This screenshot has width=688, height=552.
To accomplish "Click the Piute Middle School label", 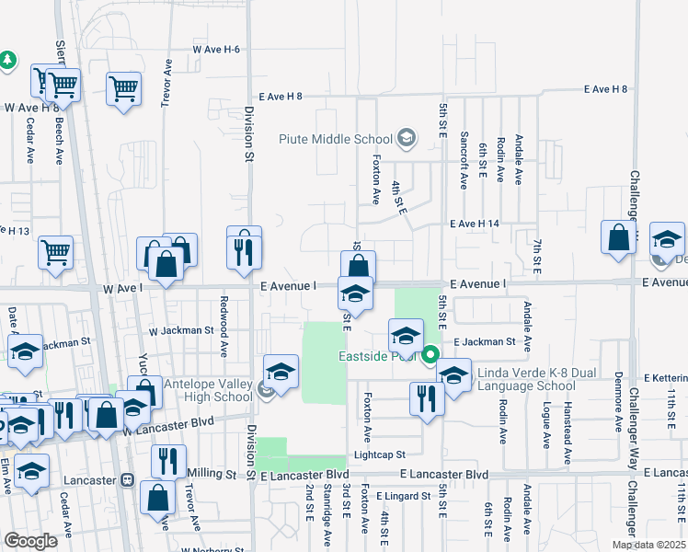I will pos(335,140).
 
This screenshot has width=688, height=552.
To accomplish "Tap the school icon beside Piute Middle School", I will pos(406,140).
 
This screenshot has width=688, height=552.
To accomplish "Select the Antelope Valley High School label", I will pos(207,390).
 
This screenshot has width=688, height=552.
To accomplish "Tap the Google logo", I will pos(30,540).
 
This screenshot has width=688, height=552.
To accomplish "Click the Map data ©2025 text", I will pos(649,545).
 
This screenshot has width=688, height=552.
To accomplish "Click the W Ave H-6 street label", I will pos(215,50).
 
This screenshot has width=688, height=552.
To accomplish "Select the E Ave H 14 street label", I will pos(474,224).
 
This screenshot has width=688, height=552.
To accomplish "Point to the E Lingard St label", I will pos(403,496).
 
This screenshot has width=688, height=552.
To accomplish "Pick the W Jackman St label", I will pos(181,329).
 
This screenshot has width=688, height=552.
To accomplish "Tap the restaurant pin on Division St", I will pos(244,252).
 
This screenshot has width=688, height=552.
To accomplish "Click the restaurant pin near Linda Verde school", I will pos(425,398).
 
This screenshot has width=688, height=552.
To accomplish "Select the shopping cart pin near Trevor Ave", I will pos(122,89).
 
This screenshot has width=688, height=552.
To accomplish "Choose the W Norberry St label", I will pos(212,549).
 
